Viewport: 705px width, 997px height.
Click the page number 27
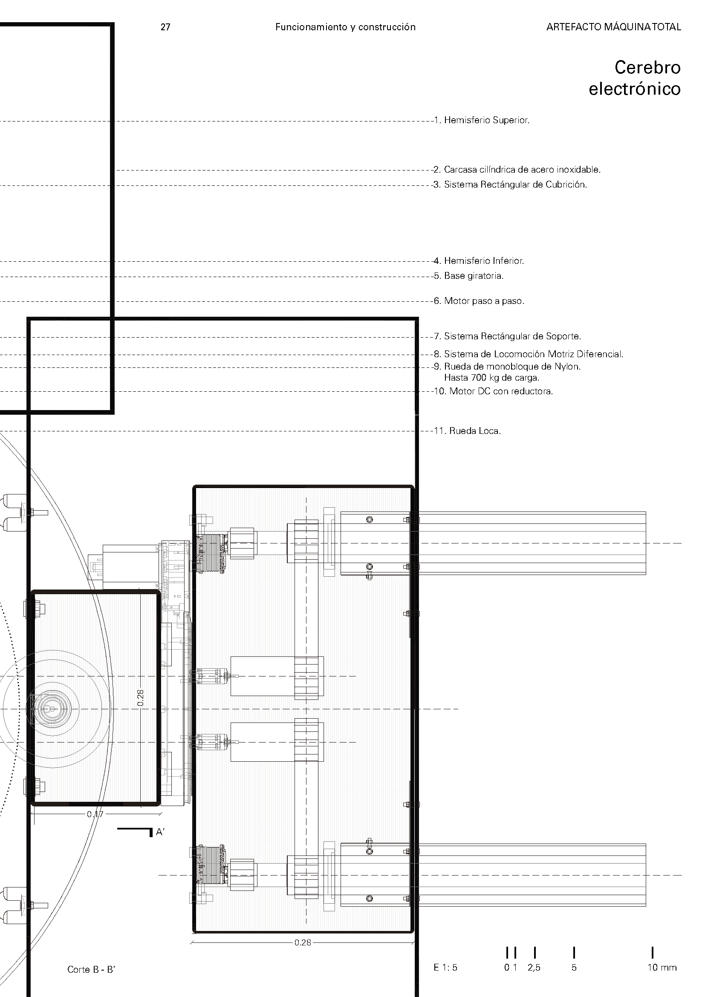click(165, 27)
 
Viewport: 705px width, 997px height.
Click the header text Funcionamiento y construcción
click(345, 27)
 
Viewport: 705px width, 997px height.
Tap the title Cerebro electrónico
click(634, 78)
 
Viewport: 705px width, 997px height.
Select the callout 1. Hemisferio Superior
click(482, 120)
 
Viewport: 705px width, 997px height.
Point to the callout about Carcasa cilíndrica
click(517, 170)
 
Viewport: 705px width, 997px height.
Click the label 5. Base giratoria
click(469, 276)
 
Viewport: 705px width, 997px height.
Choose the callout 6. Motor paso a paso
click(479, 301)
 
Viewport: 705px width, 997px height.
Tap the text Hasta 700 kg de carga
click(491, 378)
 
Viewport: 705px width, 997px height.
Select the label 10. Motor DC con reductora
click(494, 391)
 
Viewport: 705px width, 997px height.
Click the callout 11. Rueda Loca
click(468, 431)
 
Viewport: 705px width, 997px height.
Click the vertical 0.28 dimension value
click(140, 698)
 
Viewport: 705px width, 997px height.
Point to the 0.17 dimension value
click(95, 814)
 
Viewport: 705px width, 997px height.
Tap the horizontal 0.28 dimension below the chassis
click(303, 943)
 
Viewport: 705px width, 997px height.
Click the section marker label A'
click(160, 832)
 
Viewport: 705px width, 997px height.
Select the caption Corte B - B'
click(91, 970)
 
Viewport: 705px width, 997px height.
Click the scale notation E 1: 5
click(445, 968)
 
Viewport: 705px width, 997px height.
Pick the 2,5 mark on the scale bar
click(534, 968)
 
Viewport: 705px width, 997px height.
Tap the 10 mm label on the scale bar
click(662, 968)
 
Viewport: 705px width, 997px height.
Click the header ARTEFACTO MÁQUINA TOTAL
click(613, 27)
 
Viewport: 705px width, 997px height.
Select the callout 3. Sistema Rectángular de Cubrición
click(510, 185)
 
